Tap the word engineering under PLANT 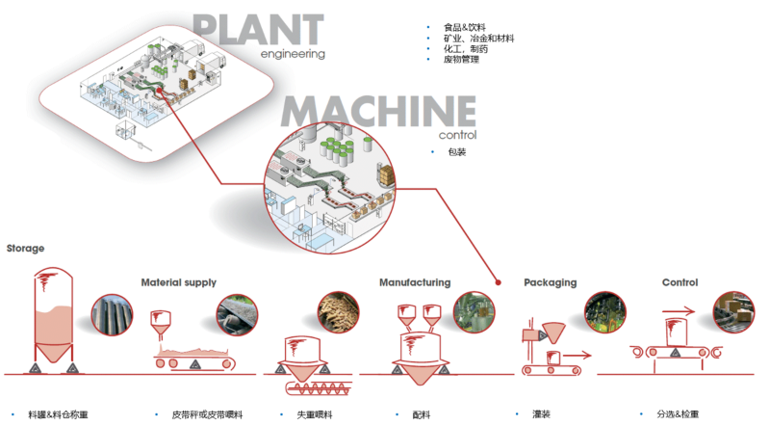click(x=293, y=55)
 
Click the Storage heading click(x=25, y=248)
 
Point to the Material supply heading click(x=178, y=282)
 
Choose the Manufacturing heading click(x=414, y=282)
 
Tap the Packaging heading click(x=550, y=282)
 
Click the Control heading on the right click(x=680, y=282)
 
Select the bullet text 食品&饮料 click(x=461, y=26)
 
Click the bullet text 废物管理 click(x=461, y=60)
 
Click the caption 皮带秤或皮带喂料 click(x=206, y=414)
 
